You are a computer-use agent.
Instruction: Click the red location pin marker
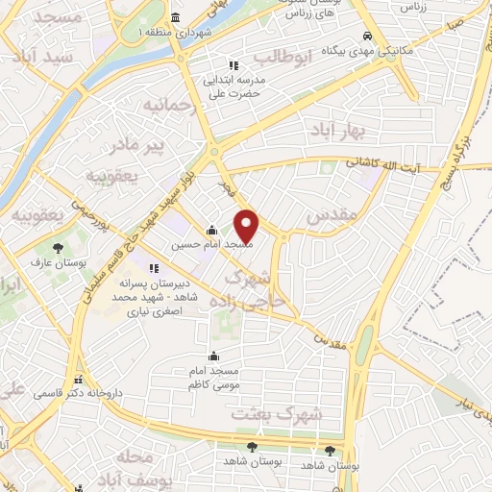click(x=247, y=225)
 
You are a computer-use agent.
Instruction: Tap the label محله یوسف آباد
click(x=142, y=467)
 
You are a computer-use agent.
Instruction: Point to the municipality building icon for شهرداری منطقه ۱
click(x=174, y=18)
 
